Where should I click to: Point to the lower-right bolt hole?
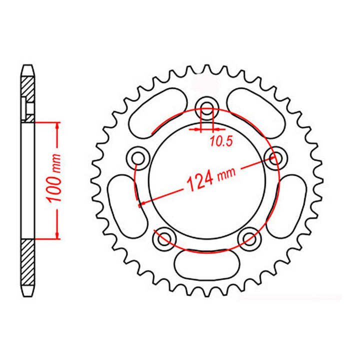[247, 238]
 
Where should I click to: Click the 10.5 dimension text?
[221, 141]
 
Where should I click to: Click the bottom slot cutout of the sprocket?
[205, 264]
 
